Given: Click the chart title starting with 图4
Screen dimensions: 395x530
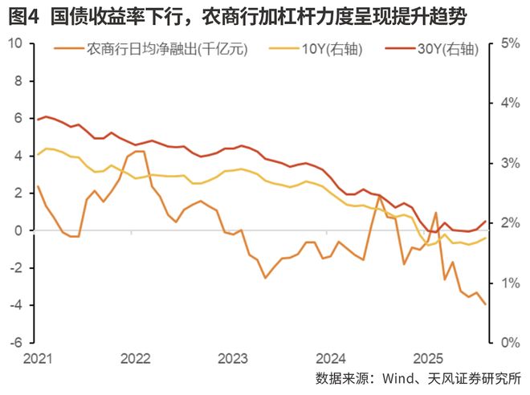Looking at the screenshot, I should point(238,15).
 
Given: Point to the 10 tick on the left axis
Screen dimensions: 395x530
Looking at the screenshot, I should point(14,43).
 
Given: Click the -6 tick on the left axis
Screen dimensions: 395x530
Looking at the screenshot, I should point(14,343).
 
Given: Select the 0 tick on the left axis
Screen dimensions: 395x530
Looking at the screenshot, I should point(18,230).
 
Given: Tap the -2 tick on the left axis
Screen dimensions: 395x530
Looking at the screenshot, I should point(14,268).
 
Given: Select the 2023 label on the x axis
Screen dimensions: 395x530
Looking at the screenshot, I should point(232,358).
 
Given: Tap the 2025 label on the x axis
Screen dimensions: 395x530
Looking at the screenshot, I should point(426,358).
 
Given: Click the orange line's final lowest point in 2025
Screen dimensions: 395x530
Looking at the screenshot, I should point(485,304).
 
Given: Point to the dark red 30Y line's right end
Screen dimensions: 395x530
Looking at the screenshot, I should point(485,222).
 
